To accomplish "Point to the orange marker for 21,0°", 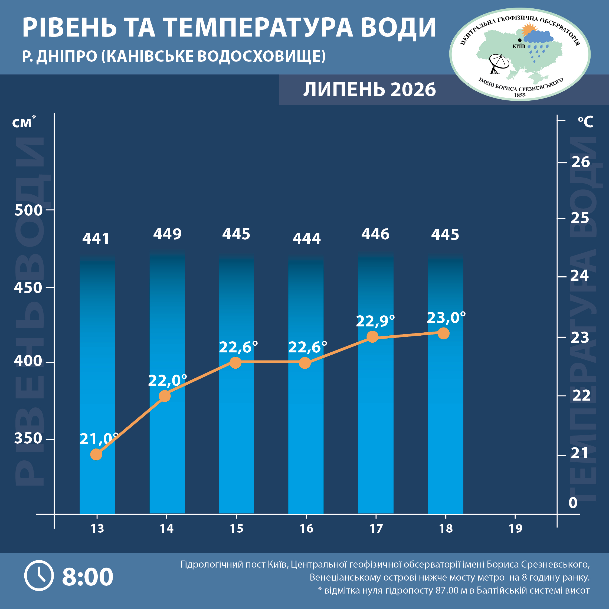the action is click(x=96, y=454).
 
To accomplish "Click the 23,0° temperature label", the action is click(x=446, y=318).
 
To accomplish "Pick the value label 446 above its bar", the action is click(x=375, y=234).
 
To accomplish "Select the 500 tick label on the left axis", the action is click(x=28, y=210).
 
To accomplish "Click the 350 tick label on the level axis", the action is click(x=28, y=438).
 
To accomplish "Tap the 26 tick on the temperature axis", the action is click(x=581, y=162).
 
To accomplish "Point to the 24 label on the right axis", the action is click(x=580, y=276).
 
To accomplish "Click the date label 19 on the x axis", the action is click(x=515, y=529).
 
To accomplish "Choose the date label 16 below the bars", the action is click(x=306, y=529).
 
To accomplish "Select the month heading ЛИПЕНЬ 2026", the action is click(x=369, y=90).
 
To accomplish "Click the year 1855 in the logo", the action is click(x=520, y=95).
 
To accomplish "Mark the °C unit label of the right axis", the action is click(x=585, y=122).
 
